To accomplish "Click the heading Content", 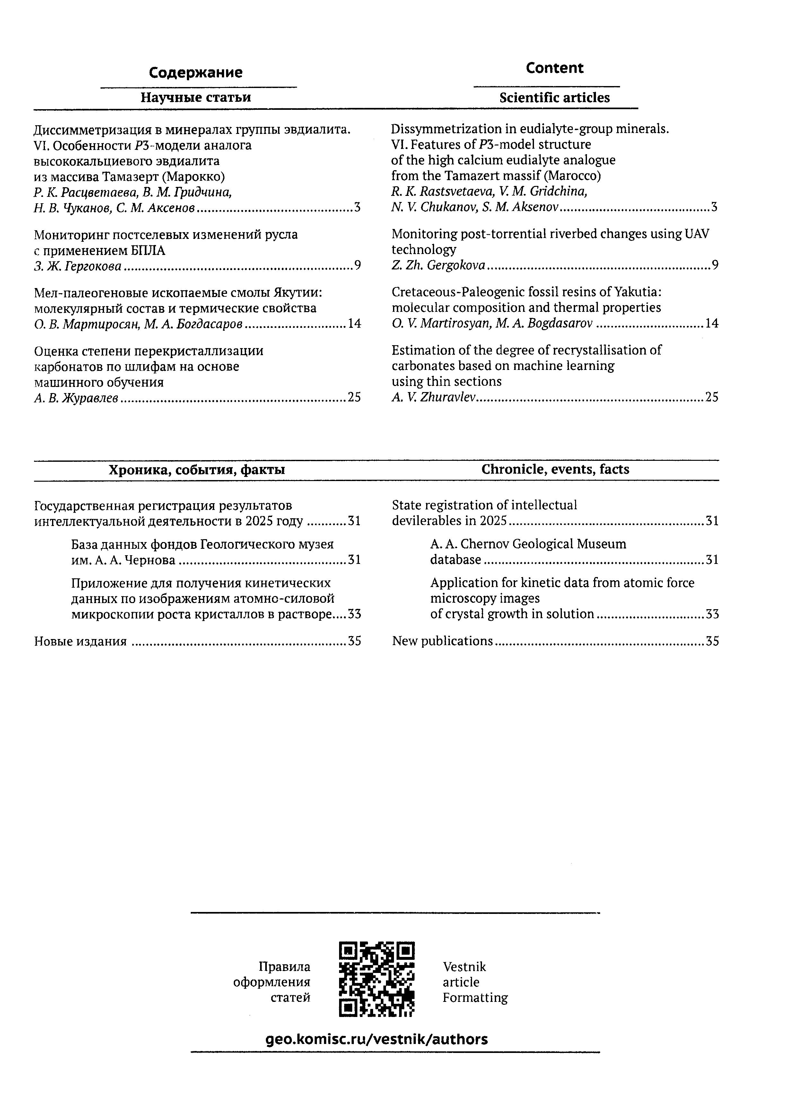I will tap(555, 68).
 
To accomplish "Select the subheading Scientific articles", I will tap(555, 98).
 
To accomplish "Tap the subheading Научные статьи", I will tap(196, 97).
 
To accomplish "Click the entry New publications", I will tap(442, 641).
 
